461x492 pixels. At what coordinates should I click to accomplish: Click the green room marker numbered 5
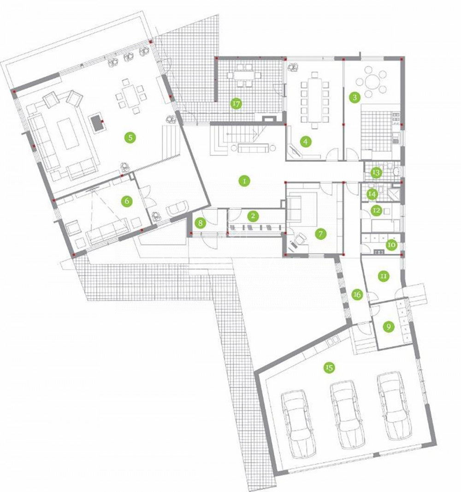(130, 137)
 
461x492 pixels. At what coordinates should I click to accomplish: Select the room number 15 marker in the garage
(329, 368)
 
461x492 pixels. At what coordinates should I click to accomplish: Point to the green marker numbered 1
(244, 181)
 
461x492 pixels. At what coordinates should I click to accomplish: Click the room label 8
(200, 224)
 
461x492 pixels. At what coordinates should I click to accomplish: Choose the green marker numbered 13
(376, 172)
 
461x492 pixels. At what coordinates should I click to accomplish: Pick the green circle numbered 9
(389, 327)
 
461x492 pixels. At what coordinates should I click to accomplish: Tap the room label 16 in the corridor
(357, 294)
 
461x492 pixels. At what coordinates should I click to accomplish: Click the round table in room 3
(371, 82)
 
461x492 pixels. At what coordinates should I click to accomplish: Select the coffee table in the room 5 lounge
(68, 133)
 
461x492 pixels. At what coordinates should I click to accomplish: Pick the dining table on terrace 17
(243, 75)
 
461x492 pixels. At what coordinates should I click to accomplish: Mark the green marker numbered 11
(383, 276)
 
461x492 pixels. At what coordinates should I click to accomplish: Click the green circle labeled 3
(355, 97)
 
